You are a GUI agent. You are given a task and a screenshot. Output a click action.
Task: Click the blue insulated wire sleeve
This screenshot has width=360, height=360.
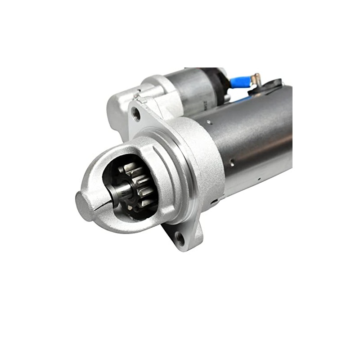[241, 83]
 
